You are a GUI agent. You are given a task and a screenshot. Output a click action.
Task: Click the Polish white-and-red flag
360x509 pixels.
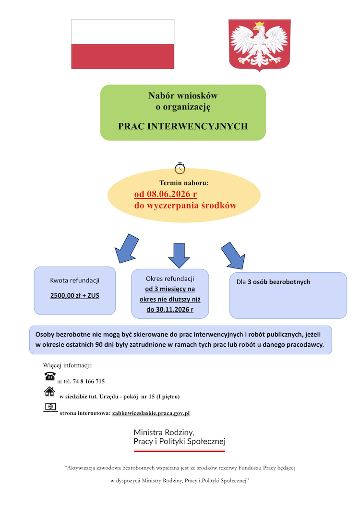coord(123,44)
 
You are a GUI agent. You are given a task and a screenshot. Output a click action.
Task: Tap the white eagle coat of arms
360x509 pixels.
coord(260,45)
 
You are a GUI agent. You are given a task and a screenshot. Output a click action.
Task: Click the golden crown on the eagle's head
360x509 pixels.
coord(259,24)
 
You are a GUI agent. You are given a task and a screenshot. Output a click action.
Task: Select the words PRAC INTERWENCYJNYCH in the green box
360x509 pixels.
coord(183,126)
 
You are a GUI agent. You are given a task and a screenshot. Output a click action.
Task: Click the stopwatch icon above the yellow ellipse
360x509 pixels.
coord(180,168)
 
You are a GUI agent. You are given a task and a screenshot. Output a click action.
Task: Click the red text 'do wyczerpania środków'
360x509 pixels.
coord(185,206)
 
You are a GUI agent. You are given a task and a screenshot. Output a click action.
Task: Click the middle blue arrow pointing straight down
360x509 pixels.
coord(179,255)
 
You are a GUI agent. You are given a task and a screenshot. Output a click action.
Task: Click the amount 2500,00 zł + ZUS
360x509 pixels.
coord(75,296)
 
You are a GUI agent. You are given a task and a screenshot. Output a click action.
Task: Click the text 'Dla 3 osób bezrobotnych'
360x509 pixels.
coord(273,282)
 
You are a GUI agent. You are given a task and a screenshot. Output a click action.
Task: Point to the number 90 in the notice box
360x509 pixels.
coord(99,345)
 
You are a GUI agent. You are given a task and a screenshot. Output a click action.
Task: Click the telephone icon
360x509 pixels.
coord(50,376)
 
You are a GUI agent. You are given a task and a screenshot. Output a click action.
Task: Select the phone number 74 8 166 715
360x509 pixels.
coord(89,381)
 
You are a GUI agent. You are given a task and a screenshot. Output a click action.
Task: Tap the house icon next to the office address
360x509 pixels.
coord(49,392)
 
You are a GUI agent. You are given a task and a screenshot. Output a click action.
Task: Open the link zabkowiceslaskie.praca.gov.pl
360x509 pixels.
coord(151,413)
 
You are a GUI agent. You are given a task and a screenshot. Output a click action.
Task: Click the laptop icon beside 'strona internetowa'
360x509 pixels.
coord(50,407)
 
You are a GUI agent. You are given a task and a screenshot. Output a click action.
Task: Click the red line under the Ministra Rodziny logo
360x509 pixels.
coord(180,451)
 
